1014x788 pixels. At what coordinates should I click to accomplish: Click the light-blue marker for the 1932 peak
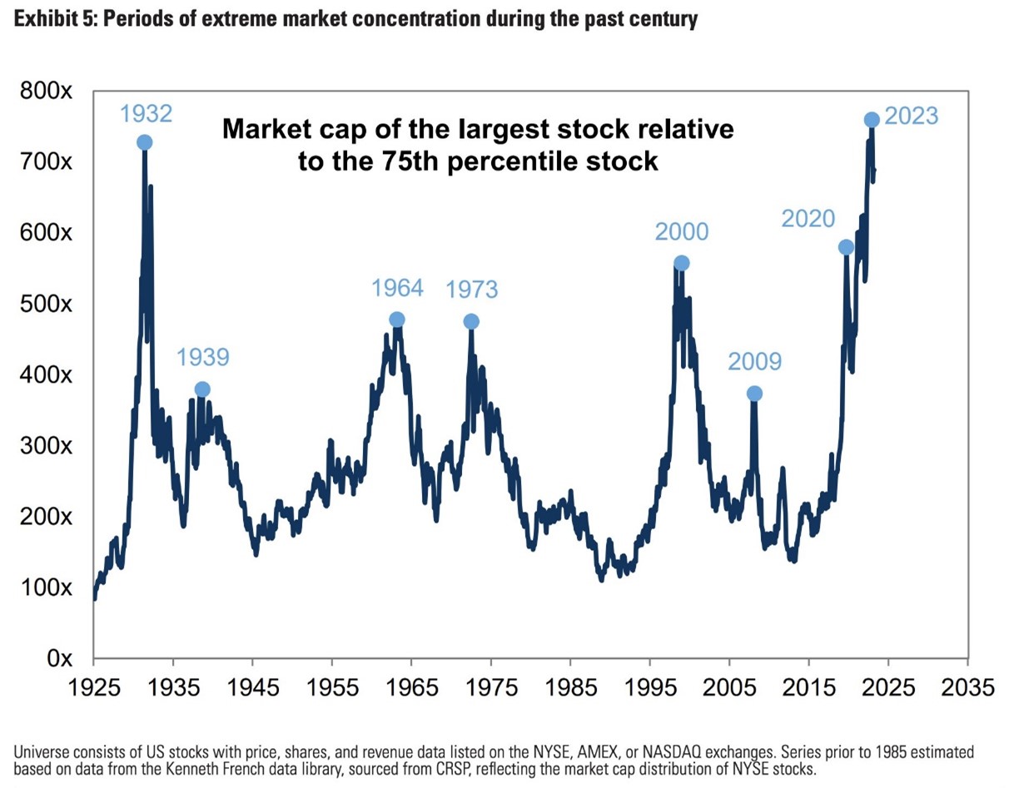tap(144, 142)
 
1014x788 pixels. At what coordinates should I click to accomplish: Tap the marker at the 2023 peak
tap(872, 120)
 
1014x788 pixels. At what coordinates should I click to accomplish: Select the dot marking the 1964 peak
tap(397, 320)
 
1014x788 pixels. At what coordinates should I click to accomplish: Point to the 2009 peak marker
tap(754, 394)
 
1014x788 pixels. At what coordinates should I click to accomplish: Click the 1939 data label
tap(202, 358)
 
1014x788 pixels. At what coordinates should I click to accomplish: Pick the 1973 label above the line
tap(471, 290)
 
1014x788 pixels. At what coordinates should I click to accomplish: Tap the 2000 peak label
tap(681, 231)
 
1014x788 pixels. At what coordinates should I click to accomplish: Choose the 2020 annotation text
tap(808, 219)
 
